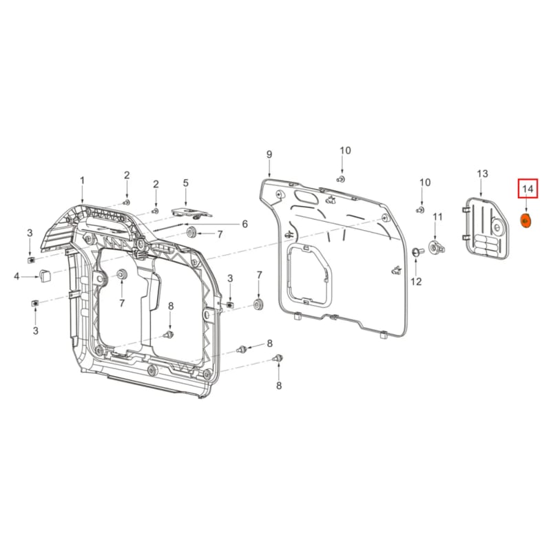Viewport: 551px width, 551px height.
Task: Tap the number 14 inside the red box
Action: (527, 189)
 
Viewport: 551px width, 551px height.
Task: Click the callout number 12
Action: (415, 281)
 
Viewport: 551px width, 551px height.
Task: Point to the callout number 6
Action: (244, 224)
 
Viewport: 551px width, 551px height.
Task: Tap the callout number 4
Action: (16, 277)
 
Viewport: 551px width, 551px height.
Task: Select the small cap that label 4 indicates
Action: (44, 275)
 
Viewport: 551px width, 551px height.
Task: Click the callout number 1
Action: (82, 180)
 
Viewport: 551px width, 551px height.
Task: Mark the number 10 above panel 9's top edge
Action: (345, 150)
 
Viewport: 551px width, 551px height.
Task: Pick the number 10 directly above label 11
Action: (425, 183)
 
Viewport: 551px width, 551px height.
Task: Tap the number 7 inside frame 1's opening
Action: (122, 303)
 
